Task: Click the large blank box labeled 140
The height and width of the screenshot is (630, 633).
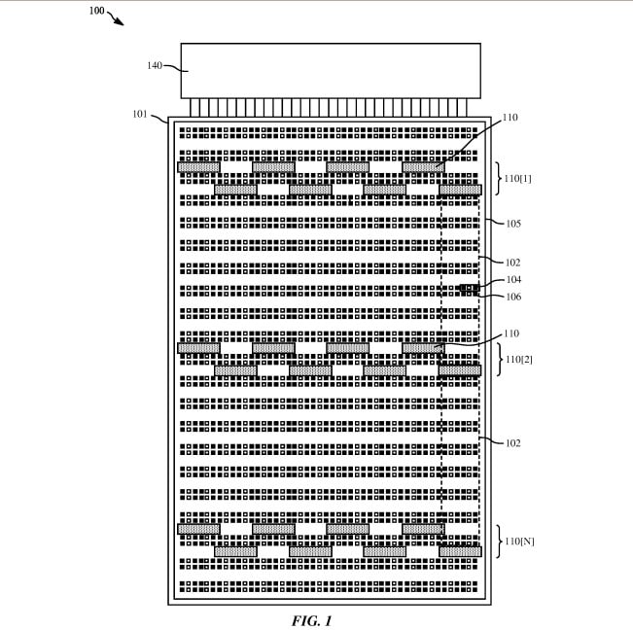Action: pyautogui.click(x=330, y=70)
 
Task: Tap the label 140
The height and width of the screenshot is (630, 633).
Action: pyautogui.click(x=154, y=66)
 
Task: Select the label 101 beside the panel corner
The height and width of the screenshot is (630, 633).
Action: pyautogui.click(x=140, y=115)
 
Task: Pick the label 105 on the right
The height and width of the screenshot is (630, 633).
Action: pyautogui.click(x=513, y=224)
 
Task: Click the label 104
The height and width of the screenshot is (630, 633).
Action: pyautogui.click(x=513, y=280)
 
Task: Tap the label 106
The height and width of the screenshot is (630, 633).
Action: pyautogui.click(x=513, y=297)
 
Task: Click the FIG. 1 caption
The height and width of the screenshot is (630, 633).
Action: pyautogui.click(x=311, y=619)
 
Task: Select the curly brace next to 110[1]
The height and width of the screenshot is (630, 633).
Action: pyautogui.click(x=497, y=179)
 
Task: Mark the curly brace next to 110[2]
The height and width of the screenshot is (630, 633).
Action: pyautogui.click(x=497, y=359)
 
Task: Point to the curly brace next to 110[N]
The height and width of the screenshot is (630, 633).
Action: pyautogui.click(x=497, y=540)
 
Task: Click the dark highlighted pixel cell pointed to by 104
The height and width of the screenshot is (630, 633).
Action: pyautogui.click(x=468, y=289)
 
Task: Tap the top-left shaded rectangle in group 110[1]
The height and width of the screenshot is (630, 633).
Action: pyautogui.click(x=198, y=167)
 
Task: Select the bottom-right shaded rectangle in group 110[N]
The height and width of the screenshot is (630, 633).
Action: pyautogui.click(x=459, y=550)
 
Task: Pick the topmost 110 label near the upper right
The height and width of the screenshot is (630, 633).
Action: pyautogui.click(x=510, y=118)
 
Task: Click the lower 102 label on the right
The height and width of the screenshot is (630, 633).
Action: pyautogui.click(x=513, y=443)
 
